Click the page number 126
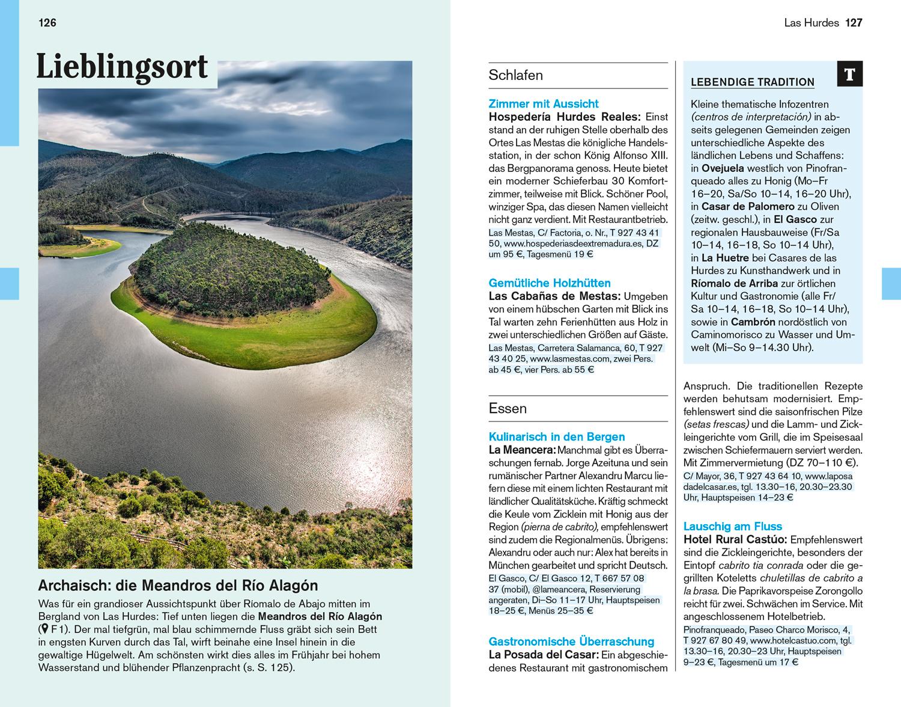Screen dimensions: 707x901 coord(47,23)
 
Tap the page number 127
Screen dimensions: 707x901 coord(853,23)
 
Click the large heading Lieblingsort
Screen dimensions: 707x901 coord(122,67)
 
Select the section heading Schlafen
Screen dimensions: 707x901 coord(515,75)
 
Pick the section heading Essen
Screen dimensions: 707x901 coord(508,408)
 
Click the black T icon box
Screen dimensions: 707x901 coord(849,75)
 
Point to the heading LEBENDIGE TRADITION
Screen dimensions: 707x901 coord(752,82)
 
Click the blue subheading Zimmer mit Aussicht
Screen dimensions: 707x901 coord(544,103)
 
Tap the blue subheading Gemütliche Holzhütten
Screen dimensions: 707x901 coord(550,283)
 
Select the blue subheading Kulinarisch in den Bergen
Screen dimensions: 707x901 coord(557,436)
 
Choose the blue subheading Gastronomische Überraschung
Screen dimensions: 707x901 coord(571,641)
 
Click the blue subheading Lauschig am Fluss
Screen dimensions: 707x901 coord(733,526)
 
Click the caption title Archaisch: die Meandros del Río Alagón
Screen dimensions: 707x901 coord(178,586)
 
